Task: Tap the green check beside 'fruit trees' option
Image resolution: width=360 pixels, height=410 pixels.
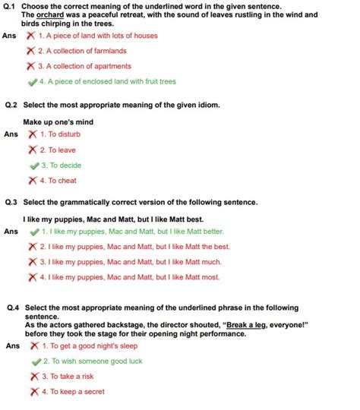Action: [31, 81]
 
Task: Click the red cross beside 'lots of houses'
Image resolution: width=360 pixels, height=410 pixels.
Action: [30, 36]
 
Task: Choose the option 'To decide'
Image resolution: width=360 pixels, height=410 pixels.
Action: [61, 166]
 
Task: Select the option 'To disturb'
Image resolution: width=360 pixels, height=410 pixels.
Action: [62, 134]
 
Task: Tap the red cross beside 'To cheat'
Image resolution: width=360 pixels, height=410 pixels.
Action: [32, 181]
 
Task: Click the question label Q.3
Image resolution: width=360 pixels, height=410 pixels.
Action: [11, 203]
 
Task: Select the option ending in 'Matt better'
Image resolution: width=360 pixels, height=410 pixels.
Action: [132, 231]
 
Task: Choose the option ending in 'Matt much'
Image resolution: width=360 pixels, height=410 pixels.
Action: [130, 262]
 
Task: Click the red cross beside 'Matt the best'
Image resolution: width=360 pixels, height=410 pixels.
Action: [32, 247]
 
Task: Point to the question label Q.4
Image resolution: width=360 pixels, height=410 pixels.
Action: [11, 308]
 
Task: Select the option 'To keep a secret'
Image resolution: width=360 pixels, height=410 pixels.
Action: [72, 392]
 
